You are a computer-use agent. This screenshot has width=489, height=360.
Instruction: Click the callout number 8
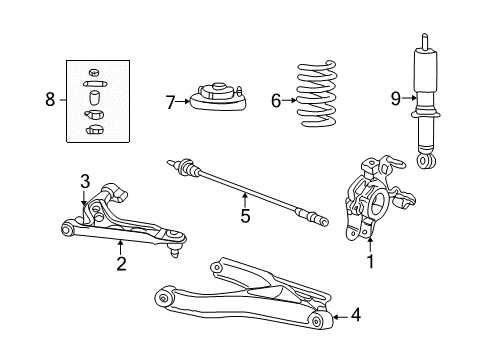pos(50,99)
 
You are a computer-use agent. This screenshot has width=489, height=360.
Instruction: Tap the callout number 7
pos(170,102)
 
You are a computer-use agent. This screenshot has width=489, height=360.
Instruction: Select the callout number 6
pos(276,101)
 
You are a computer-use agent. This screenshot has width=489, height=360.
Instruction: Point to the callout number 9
pos(395,99)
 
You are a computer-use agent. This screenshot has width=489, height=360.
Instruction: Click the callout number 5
pos(245,216)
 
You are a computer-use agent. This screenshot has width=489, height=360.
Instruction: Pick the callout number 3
pos(85,182)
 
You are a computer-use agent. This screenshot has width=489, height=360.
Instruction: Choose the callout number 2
pos(121,263)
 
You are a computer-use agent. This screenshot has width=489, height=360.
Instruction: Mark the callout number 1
pos(370,261)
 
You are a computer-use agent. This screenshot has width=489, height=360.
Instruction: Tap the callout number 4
pos(356,315)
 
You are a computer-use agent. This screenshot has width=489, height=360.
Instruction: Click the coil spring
pos(316,94)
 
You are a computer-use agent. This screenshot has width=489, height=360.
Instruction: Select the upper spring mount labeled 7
pos(219,97)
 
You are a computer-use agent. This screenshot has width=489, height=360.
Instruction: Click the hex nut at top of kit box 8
pos(94,72)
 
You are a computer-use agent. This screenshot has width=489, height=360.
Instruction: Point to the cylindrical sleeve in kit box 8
pos(95,97)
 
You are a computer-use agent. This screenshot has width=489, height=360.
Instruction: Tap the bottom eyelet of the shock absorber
pos(426,162)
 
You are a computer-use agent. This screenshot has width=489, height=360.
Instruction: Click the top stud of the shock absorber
pos(425,41)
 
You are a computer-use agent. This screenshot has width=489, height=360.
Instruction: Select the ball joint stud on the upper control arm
pos(175,252)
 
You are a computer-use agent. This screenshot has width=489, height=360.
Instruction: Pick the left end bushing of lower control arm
pos(164,298)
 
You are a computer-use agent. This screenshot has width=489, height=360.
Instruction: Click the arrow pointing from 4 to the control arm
pos(340,317)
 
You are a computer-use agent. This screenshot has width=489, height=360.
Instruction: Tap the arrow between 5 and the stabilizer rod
pos(245,200)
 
